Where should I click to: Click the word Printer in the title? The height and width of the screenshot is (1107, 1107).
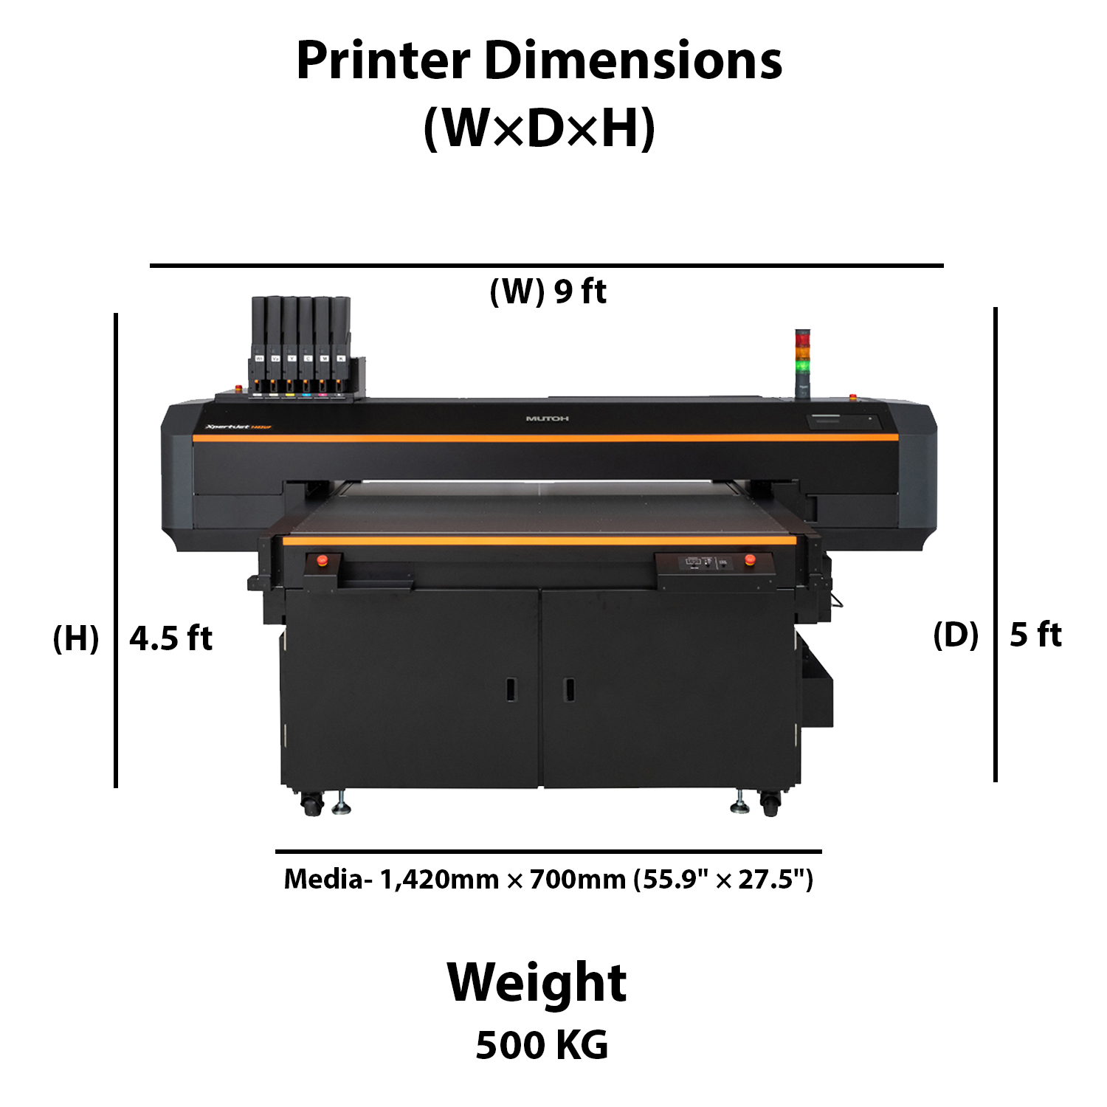click(383, 61)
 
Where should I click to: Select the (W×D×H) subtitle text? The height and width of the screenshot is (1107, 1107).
click(539, 128)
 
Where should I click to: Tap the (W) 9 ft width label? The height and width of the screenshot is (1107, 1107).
click(548, 292)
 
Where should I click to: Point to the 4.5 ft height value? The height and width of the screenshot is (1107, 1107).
click(170, 638)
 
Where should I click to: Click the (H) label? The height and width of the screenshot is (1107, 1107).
click(76, 638)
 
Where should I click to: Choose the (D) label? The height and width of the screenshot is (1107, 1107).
click(956, 635)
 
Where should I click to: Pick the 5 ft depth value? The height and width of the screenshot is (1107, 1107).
click(1035, 635)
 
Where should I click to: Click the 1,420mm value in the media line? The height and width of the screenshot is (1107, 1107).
click(439, 879)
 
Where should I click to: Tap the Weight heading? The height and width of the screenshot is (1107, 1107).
click(537, 984)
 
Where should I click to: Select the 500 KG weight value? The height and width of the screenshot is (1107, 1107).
click(542, 1045)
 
